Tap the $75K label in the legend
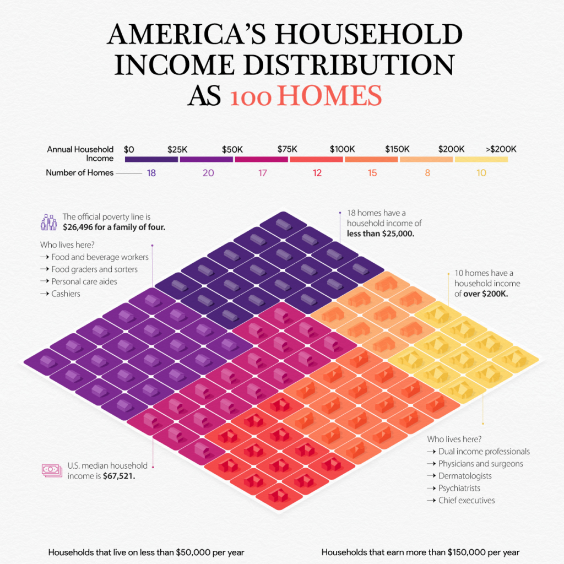tap(288, 149)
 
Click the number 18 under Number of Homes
tap(151, 173)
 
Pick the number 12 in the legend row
tap(317, 173)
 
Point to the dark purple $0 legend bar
tap(151, 159)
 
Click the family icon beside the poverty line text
tap(48, 222)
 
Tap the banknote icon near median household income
tap(51, 470)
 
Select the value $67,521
tap(119, 476)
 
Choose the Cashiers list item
tap(66, 294)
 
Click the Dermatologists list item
tap(465, 476)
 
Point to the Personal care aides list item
tap(84, 281)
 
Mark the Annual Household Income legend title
tap(80, 154)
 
